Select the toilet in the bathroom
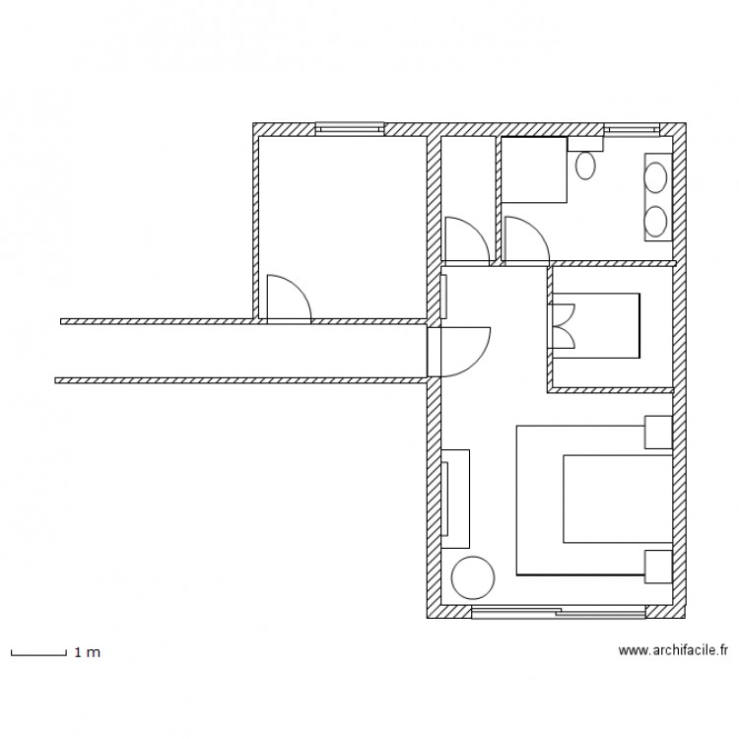[585, 165]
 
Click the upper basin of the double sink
[655, 177]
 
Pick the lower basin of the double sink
[655, 220]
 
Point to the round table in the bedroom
[470, 577]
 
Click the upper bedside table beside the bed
[658, 432]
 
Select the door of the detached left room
[288, 299]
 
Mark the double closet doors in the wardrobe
[562, 326]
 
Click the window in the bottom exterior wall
[558, 612]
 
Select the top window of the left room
[349, 128]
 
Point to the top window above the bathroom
[628, 128]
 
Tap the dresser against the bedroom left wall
[456, 498]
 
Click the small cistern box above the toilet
[584, 144]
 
